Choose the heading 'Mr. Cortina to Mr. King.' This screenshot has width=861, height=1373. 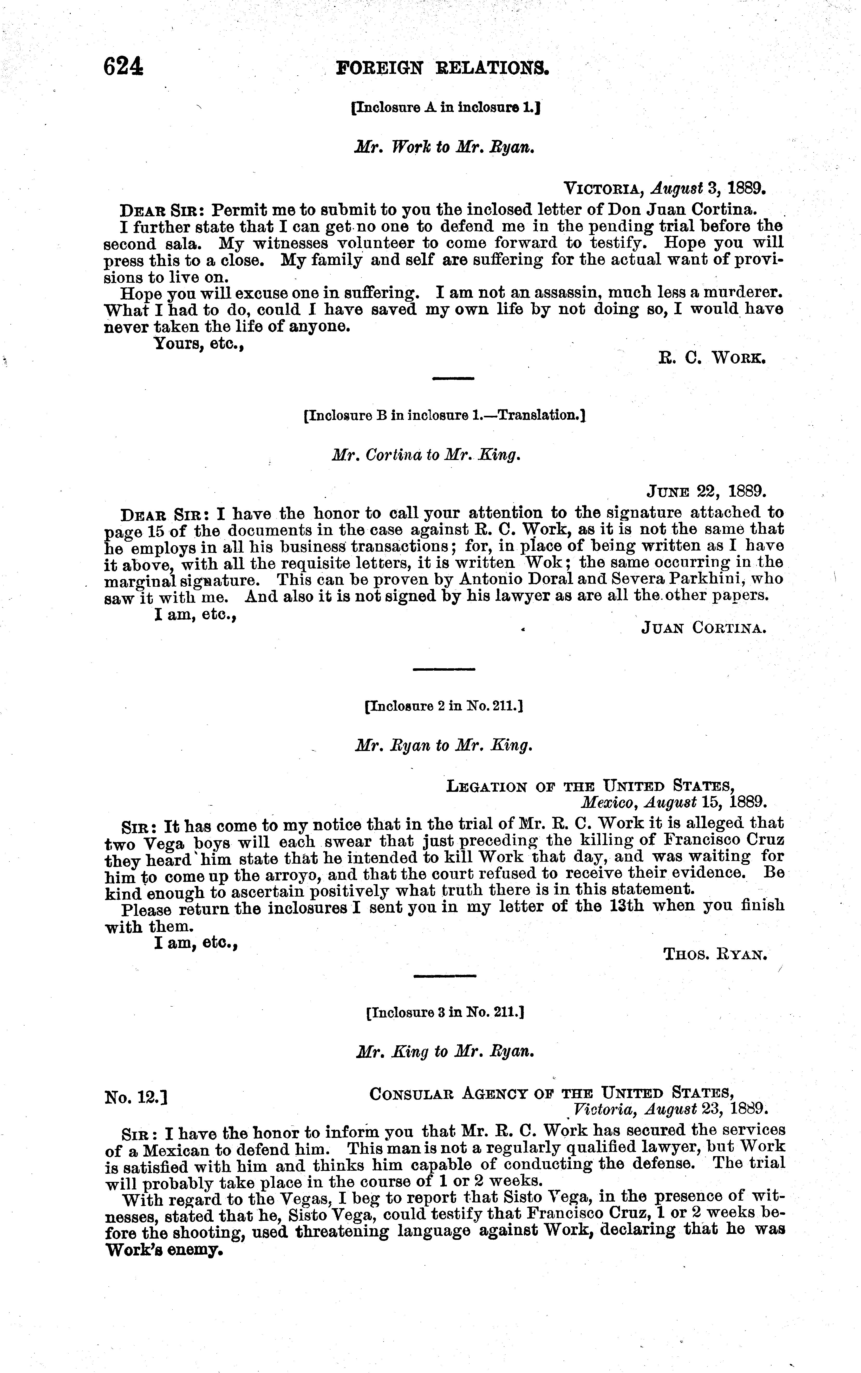point(426,455)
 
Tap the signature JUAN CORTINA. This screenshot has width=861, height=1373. point(704,627)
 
